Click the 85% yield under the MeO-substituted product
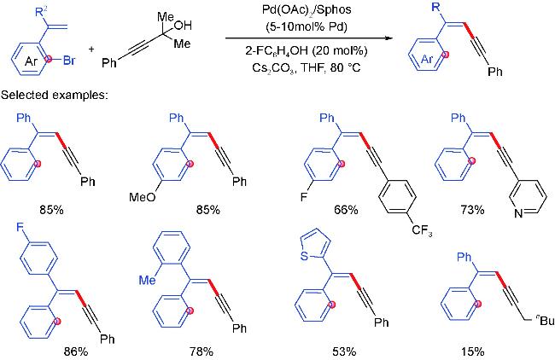(x=208, y=210)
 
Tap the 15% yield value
(x=472, y=351)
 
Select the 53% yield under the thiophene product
(x=344, y=351)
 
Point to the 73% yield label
(x=472, y=210)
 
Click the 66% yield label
(x=346, y=210)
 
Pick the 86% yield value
(x=76, y=351)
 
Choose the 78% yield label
(x=201, y=351)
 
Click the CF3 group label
(x=422, y=231)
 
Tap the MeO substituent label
(x=143, y=196)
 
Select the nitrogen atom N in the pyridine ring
(x=518, y=213)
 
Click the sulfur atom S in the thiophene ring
(x=304, y=256)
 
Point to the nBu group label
(x=546, y=321)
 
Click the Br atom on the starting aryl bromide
(x=69, y=61)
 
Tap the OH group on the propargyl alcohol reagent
(x=183, y=25)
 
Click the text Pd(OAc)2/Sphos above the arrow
(x=307, y=9)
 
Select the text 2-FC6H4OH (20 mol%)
(x=307, y=51)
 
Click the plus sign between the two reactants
(x=91, y=49)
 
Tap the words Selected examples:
(x=54, y=96)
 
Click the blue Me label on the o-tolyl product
(x=147, y=280)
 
